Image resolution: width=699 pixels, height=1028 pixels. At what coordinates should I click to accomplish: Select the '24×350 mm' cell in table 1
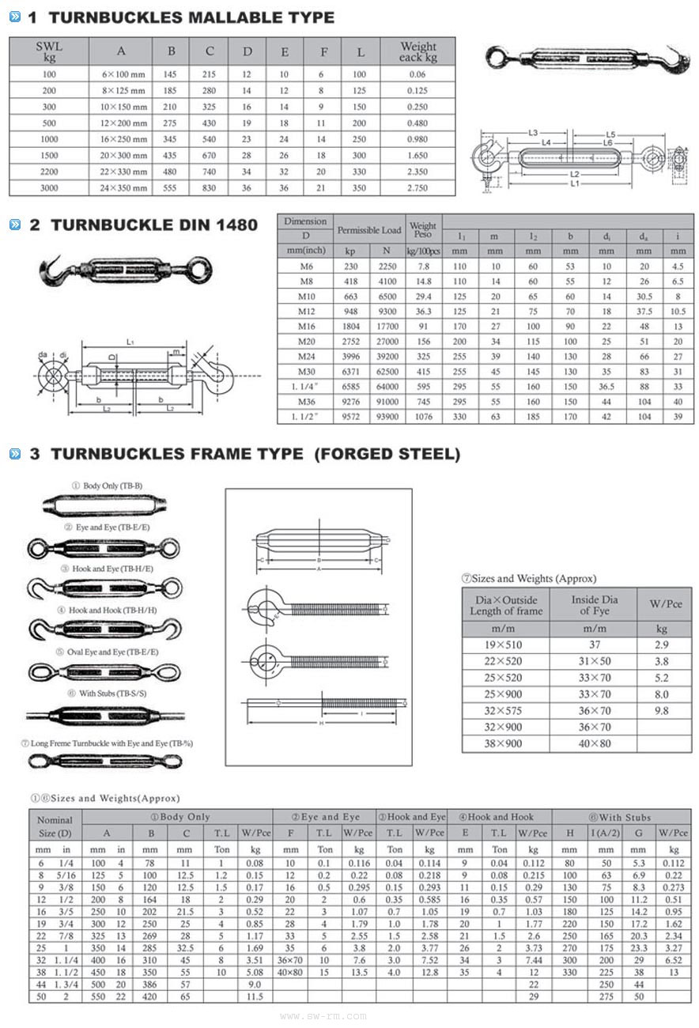(x=121, y=188)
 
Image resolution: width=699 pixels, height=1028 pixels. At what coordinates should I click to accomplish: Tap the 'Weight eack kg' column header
(x=418, y=52)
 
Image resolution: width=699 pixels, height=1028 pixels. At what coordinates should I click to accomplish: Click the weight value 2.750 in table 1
(x=418, y=188)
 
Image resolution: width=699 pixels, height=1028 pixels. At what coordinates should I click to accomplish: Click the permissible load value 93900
(x=386, y=417)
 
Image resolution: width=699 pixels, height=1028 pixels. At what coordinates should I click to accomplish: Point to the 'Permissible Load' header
(x=369, y=230)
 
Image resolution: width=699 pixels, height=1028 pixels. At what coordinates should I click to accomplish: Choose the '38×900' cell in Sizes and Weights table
(x=506, y=743)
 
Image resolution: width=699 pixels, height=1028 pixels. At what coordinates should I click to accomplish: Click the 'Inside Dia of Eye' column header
(x=595, y=605)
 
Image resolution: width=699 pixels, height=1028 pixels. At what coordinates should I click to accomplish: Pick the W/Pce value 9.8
(x=661, y=711)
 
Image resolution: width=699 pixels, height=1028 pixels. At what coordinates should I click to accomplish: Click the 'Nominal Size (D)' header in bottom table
(x=55, y=826)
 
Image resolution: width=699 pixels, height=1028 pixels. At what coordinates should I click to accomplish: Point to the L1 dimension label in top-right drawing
(x=574, y=183)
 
